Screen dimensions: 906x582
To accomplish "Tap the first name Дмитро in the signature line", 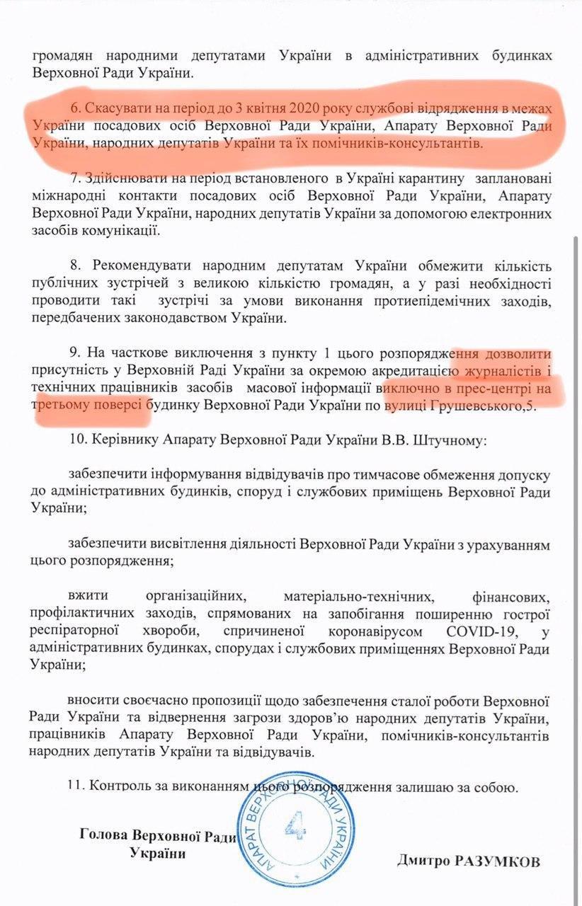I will pos(422,862).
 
